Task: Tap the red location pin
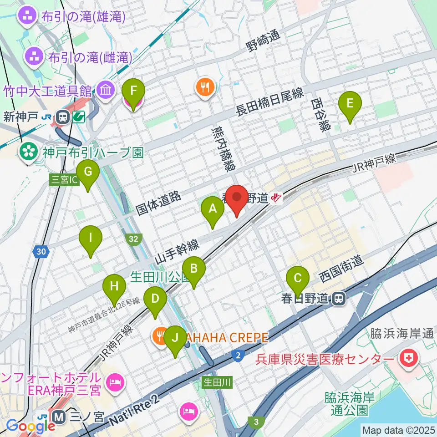pyautogui.click(x=237, y=199)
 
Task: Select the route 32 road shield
pyautogui.click(x=133, y=239)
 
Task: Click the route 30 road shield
pyautogui.click(x=41, y=251)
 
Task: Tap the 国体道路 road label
pyautogui.click(x=158, y=203)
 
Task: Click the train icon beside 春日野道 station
pyautogui.click(x=338, y=298)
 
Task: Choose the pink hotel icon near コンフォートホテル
pyautogui.click(x=113, y=381)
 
